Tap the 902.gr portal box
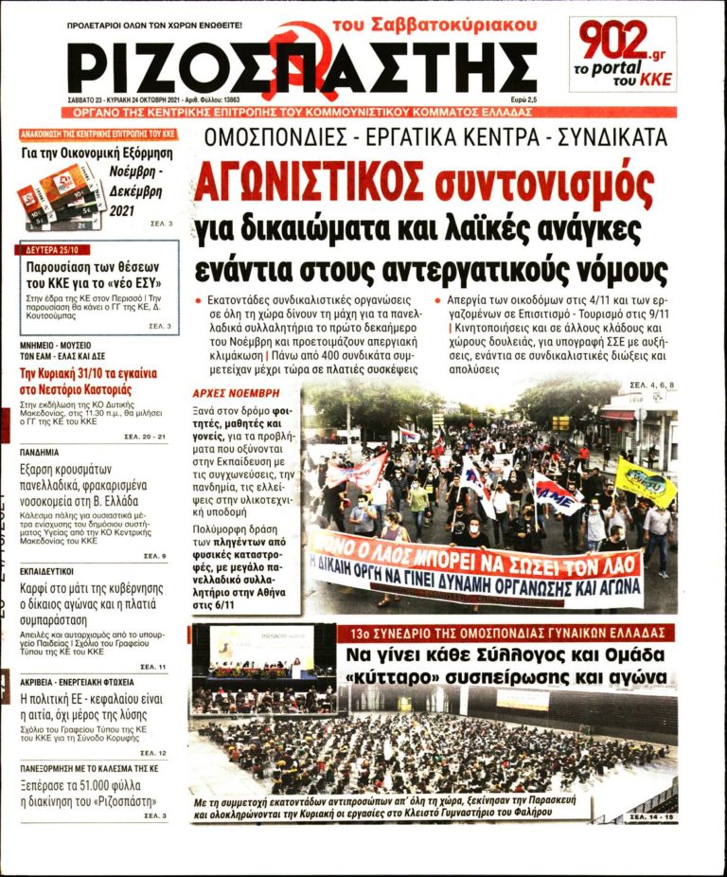pos(622,54)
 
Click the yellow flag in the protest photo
pos(645,481)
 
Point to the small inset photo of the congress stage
pos(262,653)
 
